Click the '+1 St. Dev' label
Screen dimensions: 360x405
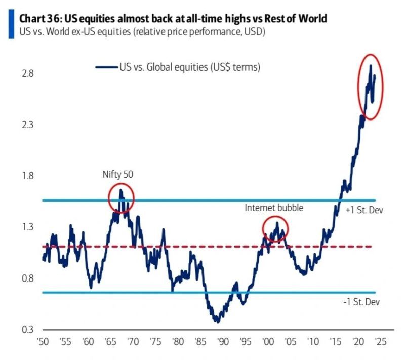(x=363, y=209)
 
